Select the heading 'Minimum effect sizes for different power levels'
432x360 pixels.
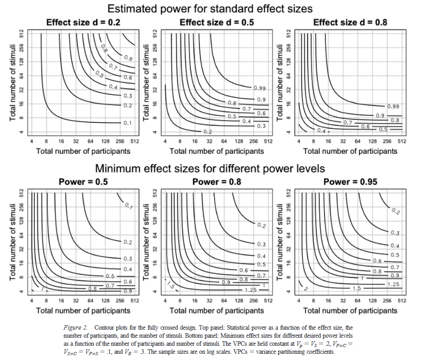210,168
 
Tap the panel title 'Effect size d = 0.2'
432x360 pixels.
83,22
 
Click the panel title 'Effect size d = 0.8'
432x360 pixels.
350,22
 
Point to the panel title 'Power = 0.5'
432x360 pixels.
83,182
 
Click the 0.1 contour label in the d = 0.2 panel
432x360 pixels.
127,123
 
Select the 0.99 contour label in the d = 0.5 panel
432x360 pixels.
260,88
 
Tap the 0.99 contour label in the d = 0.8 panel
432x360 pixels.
393,107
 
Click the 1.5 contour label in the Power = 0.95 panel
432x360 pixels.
357,288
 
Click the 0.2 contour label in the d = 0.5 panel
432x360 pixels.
208,132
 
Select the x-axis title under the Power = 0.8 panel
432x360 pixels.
216,310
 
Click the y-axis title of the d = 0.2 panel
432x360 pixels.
13,82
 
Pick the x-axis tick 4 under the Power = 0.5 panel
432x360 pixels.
32,301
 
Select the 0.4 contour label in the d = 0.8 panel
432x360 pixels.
321,130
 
